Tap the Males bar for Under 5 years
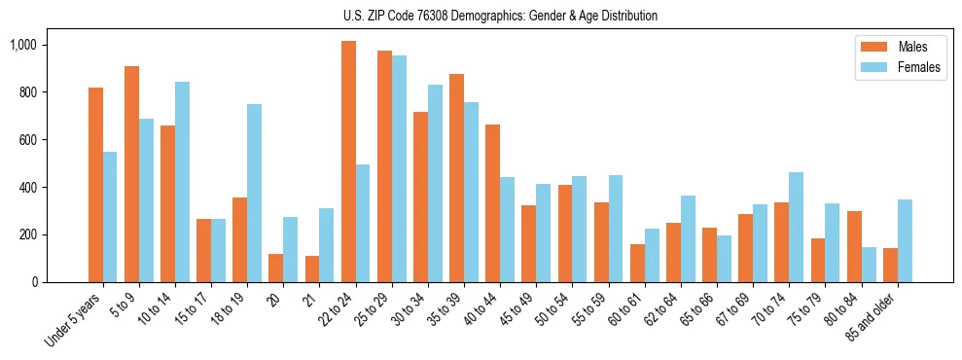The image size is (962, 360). click(95, 185)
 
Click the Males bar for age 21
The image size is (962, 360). click(312, 269)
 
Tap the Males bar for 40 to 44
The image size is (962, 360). click(492, 203)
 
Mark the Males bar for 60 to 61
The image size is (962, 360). click(637, 263)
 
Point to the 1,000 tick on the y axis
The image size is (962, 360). click(22, 45)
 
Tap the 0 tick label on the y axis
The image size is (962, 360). click(33, 282)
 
